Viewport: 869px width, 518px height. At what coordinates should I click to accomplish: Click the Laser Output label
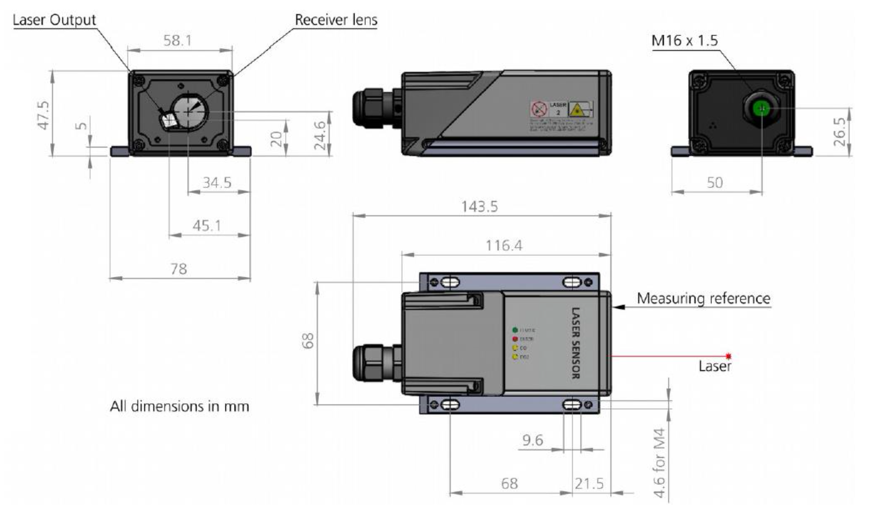point(54,20)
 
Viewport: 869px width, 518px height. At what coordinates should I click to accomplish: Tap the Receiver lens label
point(336,20)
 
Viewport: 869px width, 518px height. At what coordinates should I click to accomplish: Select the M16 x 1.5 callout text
point(684,40)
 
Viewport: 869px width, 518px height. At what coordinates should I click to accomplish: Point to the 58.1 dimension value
point(178,40)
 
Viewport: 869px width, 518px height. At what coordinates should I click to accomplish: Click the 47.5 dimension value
point(43,115)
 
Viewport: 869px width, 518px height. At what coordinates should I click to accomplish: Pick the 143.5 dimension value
point(479,207)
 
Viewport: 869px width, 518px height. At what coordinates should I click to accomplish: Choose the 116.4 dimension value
point(503,245)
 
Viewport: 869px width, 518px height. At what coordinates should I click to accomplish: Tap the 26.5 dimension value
point(839,131)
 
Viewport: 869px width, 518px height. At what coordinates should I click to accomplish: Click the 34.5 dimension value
point(217,183)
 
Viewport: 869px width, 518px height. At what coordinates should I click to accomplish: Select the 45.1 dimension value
point(207,226)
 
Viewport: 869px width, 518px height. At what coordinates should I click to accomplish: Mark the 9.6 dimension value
point(533,440)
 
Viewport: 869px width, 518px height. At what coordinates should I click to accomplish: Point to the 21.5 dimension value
point(589,484)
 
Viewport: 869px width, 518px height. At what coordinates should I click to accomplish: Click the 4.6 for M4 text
point(659,462)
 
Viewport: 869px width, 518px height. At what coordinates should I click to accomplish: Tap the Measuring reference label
point(703,299)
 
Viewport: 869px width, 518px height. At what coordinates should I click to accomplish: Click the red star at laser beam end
point(729,356)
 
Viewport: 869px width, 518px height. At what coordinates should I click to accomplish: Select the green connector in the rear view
point(761,109)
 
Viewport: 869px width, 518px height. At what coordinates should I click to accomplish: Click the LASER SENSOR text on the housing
point(575,343)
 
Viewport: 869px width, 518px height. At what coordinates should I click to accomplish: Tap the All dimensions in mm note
point(179,406)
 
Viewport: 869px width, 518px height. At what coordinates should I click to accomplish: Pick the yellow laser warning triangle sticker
point(577,109)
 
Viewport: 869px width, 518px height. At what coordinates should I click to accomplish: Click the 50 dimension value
point(714,183)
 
